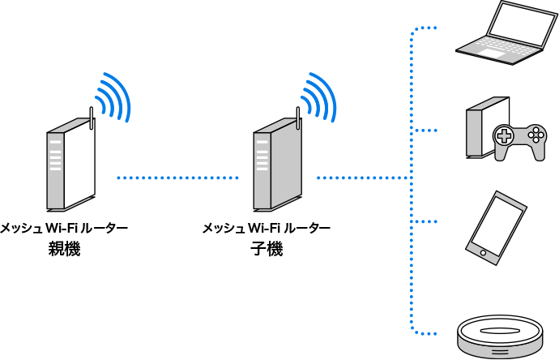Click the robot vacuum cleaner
(x=499, y=335)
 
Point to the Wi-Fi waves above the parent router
(x=113, y=97)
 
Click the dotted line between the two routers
(x=178, y=177)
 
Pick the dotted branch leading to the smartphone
(x=425, y=221)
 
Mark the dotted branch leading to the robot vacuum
(x=425, y=332)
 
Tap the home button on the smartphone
(x=483, y=253)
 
